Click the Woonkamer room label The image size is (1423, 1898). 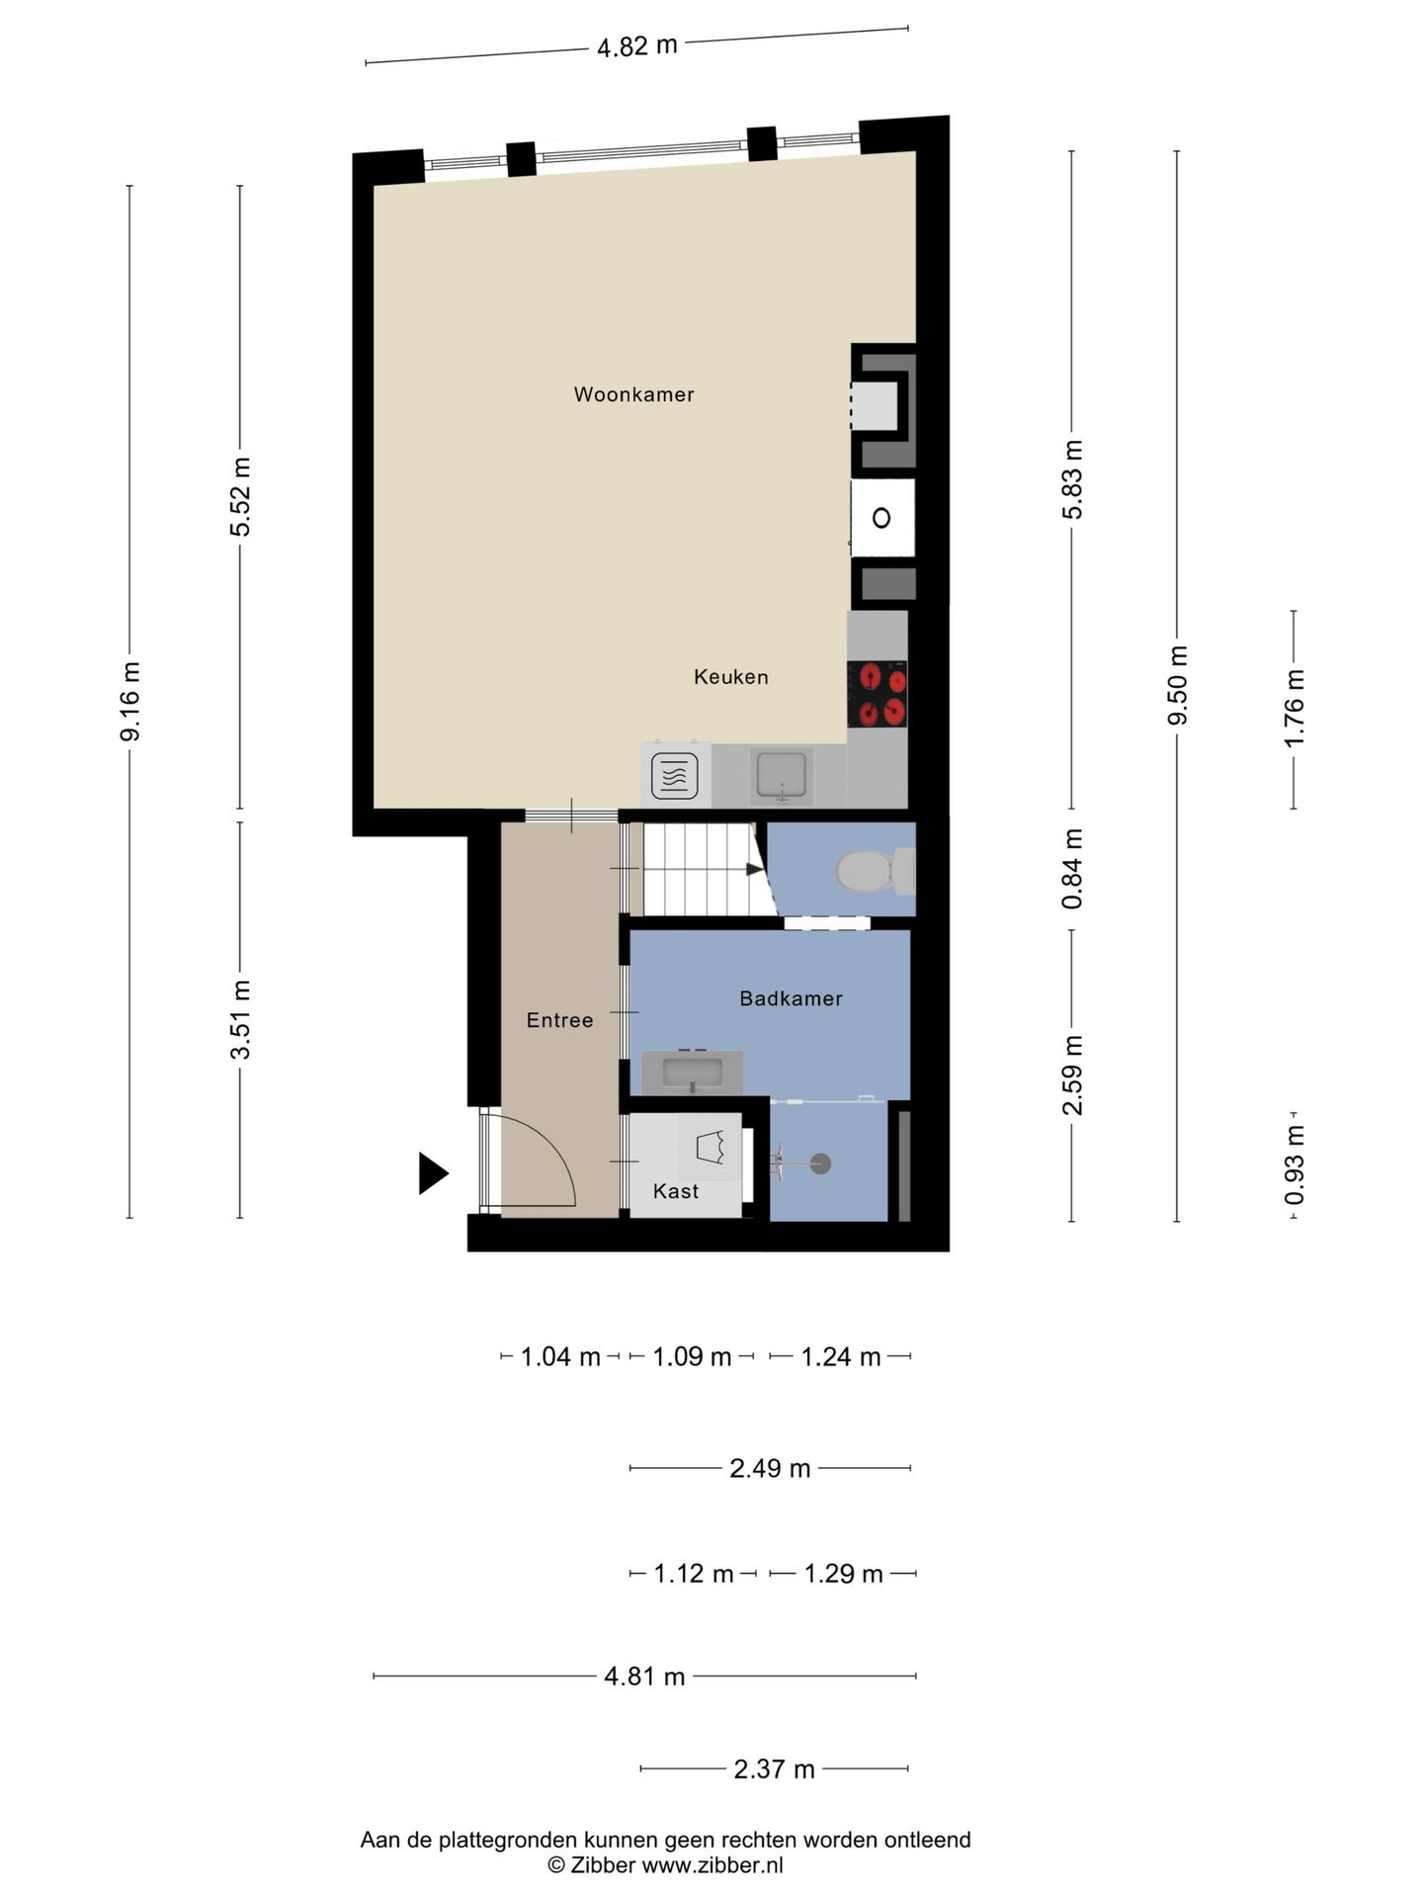[x=633, y=394]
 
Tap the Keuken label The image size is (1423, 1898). [x=730, y=677]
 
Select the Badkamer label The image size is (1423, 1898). [x=791, y=998]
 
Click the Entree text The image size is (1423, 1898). [x=559, y=1020]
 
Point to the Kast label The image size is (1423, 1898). [x=676, y=1191]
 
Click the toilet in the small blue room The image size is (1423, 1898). [x=876, y=870]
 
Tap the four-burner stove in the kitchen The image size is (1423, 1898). [x=878, y=694]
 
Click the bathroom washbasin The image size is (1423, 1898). [x=692, y=1073]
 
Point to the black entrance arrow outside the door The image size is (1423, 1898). [x=433, y=1173]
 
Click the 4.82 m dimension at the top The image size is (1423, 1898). [x=637, y=45]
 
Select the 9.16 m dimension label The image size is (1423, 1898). [x=129, y=701]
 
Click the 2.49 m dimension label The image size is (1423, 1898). [x=770, y=1468]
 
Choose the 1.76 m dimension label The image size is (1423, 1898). [x=1294, y=708]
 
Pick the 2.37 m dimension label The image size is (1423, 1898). [x=774, y=1769]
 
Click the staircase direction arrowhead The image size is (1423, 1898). [x=755, y=870]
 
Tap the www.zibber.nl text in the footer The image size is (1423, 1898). [x=712, y=1865]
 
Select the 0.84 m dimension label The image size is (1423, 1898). [x=1072, y=869]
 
